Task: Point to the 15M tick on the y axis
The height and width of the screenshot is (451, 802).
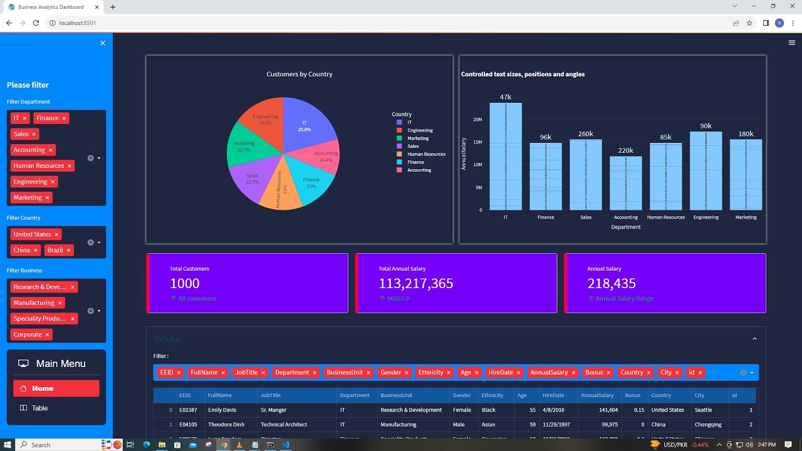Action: [477, 142]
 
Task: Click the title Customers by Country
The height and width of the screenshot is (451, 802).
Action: [299, 74]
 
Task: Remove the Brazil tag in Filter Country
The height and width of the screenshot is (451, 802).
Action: [68, 251]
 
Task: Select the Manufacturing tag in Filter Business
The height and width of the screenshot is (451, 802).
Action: [34, 303]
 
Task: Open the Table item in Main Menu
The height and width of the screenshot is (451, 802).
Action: [39, 408]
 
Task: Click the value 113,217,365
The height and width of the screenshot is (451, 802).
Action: [415, 284]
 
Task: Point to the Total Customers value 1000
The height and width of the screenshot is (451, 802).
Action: [184, 284]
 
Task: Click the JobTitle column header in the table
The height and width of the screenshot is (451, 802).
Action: [271, 395]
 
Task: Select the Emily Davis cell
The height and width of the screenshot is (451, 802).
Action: [222, 410]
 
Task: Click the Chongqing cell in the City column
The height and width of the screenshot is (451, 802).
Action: [708, 424]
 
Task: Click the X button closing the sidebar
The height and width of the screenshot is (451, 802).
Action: [103, 43]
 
